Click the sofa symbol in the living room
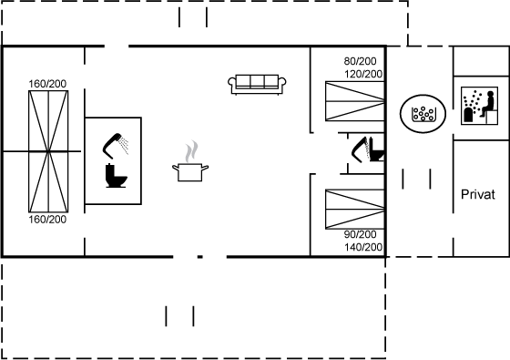257,85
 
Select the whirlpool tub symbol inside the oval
423,114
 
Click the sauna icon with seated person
479,106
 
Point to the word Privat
478,195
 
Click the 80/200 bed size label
360,61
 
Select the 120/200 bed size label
363,74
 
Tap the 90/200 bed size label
360,234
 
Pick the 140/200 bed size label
363,247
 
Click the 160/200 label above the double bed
47,84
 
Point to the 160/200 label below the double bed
47,220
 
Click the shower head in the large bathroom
116,146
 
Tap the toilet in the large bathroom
116,176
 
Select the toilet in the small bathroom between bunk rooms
377,150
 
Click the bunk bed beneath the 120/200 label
355,101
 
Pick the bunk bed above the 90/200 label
355,210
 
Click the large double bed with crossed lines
48,151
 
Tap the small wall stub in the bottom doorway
200,257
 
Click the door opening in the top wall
117,46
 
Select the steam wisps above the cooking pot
191,151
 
